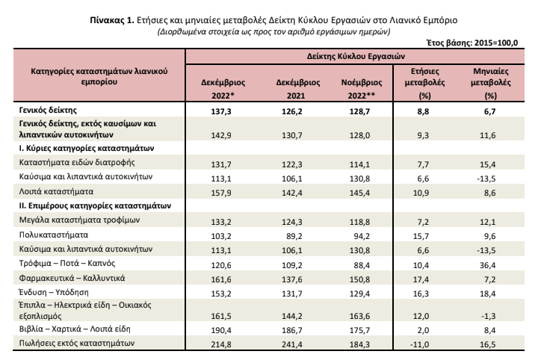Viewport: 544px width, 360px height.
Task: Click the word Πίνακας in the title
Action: click(x=107, y=20)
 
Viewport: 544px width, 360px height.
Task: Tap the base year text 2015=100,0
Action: click(x=496, y=43)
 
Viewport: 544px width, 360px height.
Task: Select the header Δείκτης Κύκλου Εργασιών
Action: click(x=356, y=56)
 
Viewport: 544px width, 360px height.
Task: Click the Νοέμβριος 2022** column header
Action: click(x=362, y=89)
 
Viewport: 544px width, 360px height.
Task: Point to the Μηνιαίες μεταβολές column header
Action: click(x=490, y=83)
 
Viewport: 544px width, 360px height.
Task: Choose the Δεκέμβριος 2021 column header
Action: click(x=298, y=89)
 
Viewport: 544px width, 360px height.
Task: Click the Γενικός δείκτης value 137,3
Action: click(x=221, y=112)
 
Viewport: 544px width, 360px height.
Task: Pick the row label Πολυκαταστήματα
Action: click(x=54, y=235)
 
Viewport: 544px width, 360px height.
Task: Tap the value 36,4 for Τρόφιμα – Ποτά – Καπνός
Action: click(x=487, y=266)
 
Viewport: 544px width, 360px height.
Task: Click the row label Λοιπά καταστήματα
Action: click(x=56, y=191)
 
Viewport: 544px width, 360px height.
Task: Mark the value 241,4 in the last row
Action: click(x=291, y=345)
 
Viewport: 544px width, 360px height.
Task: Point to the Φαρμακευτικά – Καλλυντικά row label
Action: click(x=72, y=278)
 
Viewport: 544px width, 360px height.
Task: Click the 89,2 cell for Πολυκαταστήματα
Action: click(x=294, y=237)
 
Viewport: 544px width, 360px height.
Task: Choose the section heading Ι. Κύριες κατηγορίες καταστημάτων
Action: click(x=87, y=149)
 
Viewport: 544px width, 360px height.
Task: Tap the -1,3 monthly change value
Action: click(x=489, y=316)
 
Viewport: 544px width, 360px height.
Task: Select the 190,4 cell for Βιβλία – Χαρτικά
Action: click(x=221, y=331)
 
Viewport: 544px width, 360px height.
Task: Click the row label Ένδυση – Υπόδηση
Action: click(x=54, y=292)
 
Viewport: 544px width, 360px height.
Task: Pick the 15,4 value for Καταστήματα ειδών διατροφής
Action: click(x=487, y=165)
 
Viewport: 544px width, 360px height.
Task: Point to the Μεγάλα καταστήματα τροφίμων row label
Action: click(x=79, y=220)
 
